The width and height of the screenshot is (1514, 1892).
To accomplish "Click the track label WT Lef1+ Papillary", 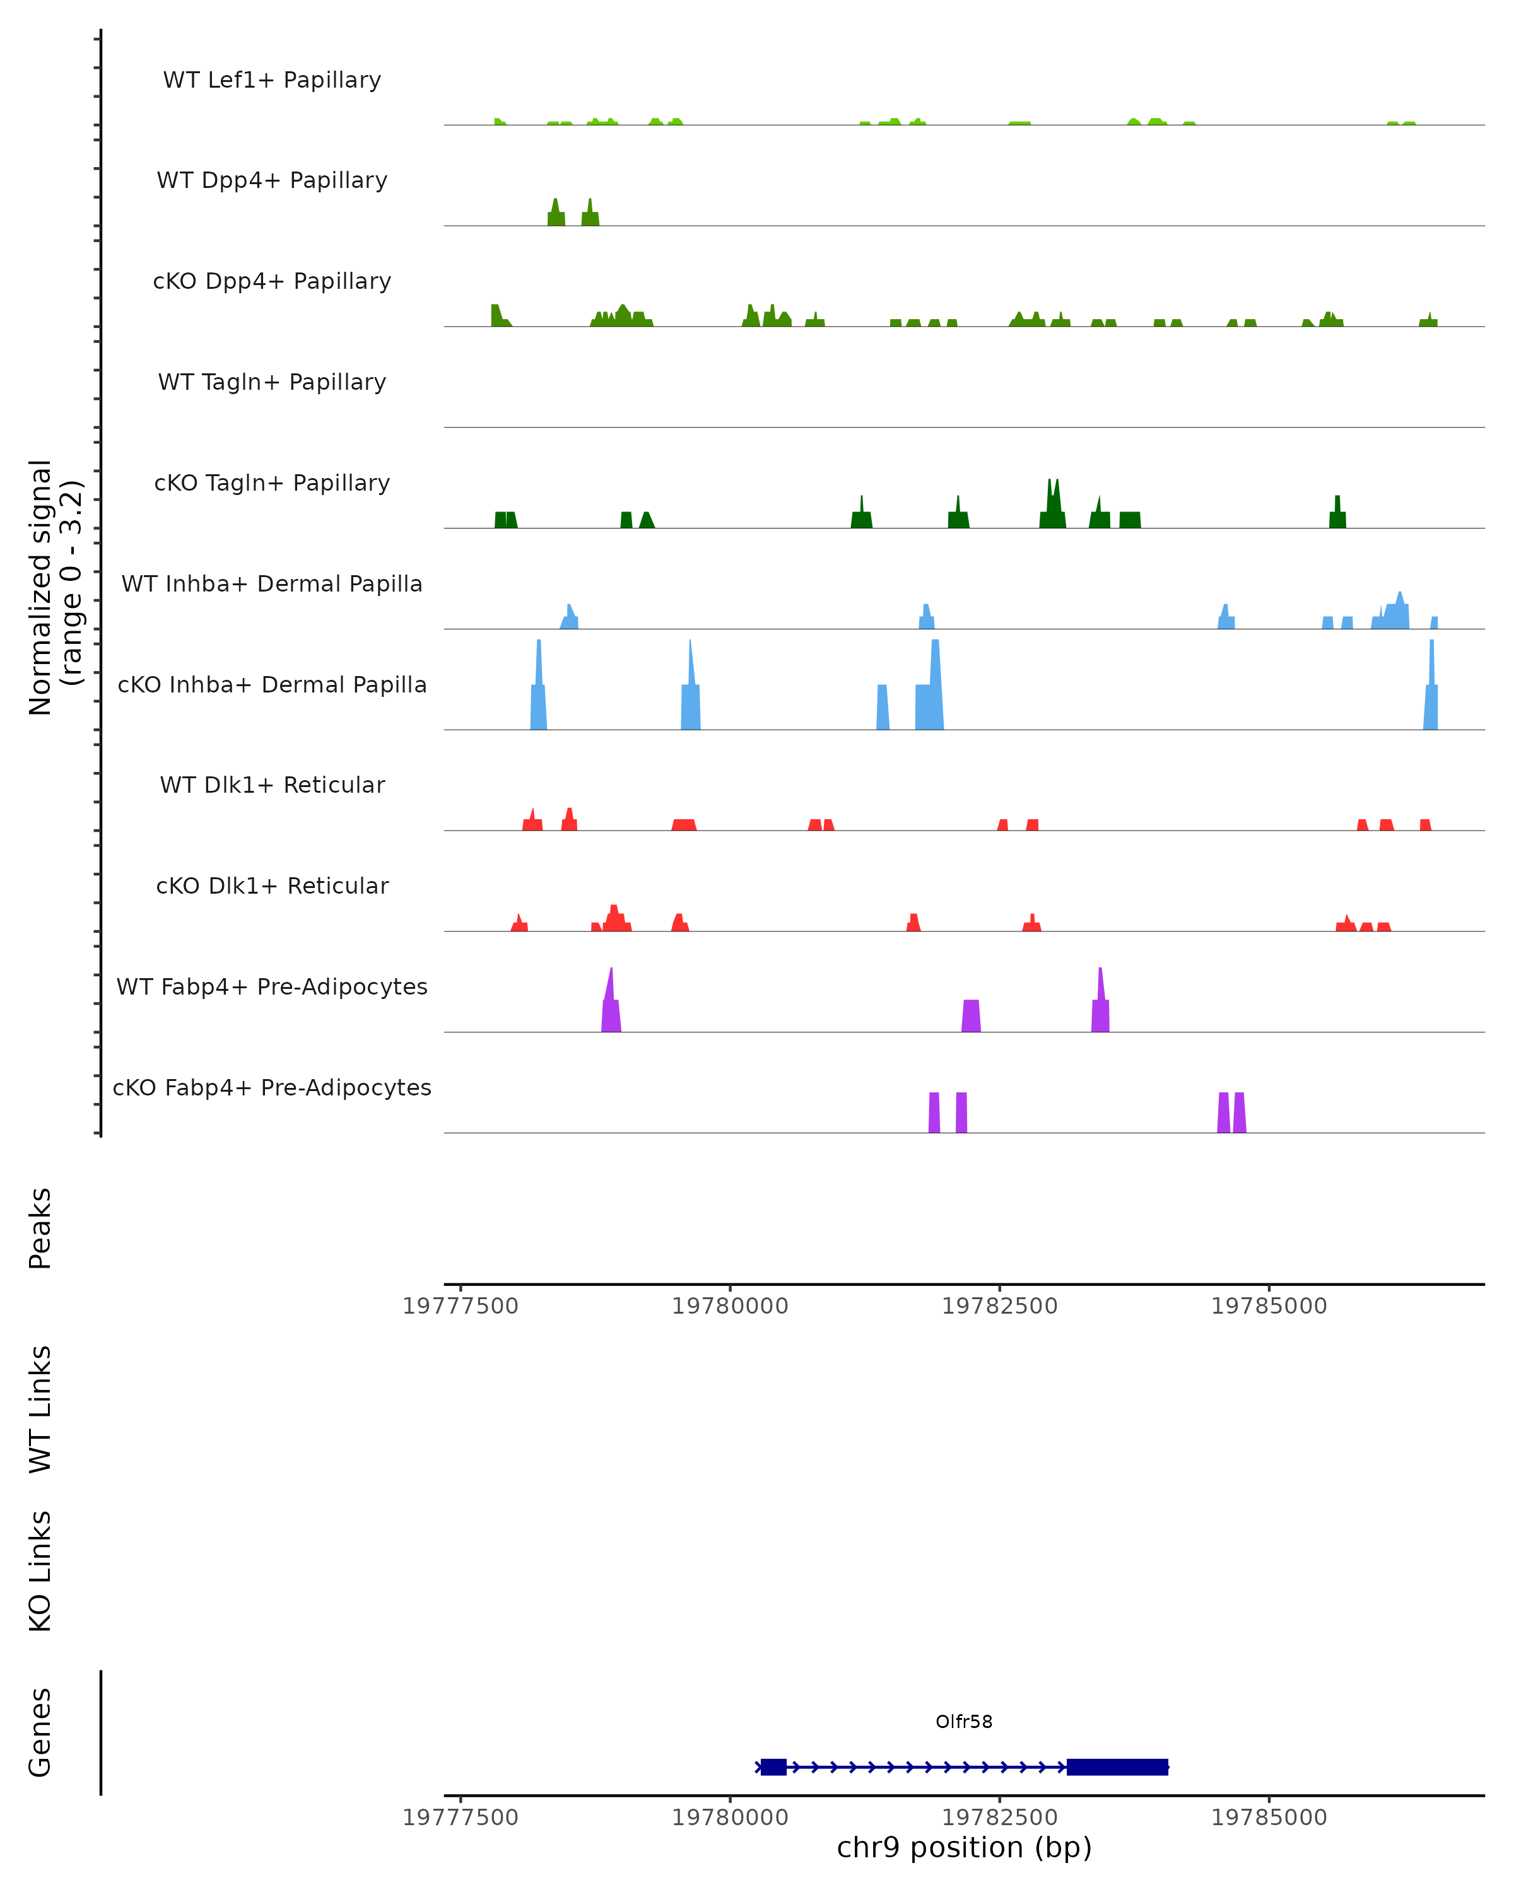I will coord(272,80).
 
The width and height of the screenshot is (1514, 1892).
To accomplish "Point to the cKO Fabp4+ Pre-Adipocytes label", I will coord(272,1087).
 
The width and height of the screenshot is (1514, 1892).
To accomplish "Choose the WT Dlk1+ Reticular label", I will coord(272,785).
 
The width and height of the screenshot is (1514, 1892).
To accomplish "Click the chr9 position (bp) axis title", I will coord(964,1847).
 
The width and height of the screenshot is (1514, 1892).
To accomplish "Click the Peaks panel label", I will coord(40,1228).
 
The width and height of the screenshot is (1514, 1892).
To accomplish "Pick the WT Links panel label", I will coord(40,1408).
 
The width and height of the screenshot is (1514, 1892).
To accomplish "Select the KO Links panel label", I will coord(40,1571).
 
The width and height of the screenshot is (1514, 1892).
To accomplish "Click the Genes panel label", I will coord(40,1732).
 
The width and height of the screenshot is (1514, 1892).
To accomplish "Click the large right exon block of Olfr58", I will coord(1117,1766).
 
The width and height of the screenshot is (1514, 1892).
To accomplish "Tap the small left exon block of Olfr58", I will coord(773,1766).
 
